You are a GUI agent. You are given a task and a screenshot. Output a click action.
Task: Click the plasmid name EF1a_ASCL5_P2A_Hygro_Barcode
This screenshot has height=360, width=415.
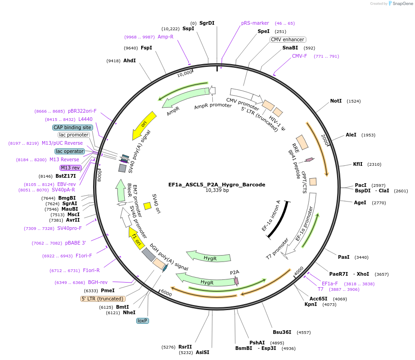(x=216, y=185)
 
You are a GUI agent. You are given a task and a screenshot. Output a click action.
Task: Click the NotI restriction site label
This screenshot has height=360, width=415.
(x=336, y=101)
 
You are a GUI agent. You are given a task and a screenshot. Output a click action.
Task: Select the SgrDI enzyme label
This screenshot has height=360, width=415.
(x=207, y=23)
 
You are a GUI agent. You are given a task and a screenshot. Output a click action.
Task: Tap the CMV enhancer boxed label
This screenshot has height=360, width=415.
(x=288, y=39)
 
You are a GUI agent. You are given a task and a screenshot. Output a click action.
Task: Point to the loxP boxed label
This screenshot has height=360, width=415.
(x=143, y=321)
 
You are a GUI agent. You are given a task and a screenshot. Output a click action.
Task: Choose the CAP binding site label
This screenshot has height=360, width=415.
(x=72, y=127)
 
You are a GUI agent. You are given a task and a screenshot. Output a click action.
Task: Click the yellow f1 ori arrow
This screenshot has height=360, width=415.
(x=137, y=237)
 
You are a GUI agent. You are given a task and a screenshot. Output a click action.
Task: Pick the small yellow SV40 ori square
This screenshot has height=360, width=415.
(x=148, y=206)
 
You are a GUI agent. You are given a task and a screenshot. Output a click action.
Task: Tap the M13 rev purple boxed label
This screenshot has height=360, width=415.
(x=70, y=168)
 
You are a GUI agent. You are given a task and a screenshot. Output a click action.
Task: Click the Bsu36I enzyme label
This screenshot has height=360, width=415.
(x=282, y=332)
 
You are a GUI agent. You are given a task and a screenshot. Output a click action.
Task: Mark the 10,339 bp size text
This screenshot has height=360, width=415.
(x=217, y=191)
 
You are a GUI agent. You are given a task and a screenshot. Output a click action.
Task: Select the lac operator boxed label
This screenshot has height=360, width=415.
(x=70, y=151)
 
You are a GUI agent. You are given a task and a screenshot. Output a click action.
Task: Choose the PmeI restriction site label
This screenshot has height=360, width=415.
(x=107, y=290)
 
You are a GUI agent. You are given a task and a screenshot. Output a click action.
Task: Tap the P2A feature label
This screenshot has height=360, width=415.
(x=234, y=272)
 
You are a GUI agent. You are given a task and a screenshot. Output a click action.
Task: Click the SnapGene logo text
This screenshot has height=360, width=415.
(x=401, y=4)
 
